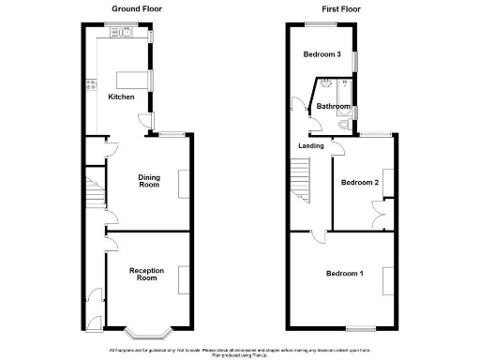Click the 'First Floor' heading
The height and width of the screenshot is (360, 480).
(x=341, y=8)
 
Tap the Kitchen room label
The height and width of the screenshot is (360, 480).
(x=121, y=97)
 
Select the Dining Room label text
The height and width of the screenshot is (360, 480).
(x=148, y=181)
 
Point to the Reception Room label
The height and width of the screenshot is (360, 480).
(x=146, y=274)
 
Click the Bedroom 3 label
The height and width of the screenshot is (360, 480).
(x=322, y=54)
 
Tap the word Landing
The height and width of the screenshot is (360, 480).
(x=311, y=146)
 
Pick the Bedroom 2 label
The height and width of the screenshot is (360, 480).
(x=359, y=182)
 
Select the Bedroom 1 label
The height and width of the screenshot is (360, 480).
(x=343, y=274)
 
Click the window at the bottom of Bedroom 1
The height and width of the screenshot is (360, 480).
(x=359, y=327)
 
